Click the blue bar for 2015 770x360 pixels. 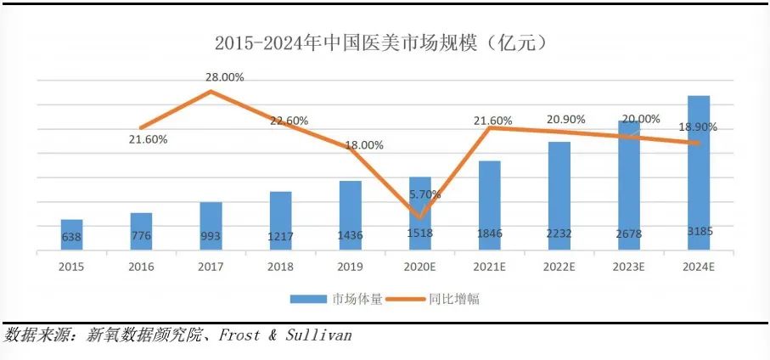[71, 235]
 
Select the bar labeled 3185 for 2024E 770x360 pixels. [699, 174]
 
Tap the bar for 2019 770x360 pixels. [350, 216]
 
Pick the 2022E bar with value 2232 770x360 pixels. [559, 196]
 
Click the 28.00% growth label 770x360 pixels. [224, 77]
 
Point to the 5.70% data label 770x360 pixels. [424, 194]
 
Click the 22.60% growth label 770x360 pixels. [289, 121]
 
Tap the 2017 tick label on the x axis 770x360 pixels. [211, 267]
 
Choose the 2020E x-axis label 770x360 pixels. [419, 267]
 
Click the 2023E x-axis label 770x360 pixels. [628, 267]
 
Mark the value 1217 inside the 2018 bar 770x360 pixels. [280, 235]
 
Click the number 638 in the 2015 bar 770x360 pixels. [71, 237]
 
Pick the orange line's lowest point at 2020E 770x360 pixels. [420, 217]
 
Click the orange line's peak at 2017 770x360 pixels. [211, 91]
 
